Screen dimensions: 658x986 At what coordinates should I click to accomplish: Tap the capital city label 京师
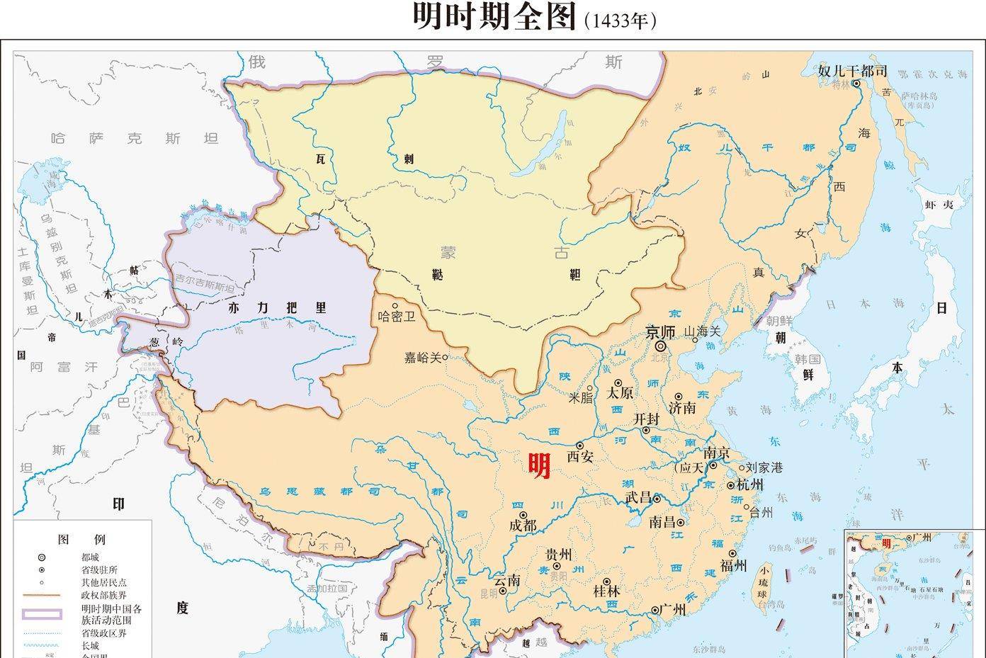pyautogui.click(x=662, y=331)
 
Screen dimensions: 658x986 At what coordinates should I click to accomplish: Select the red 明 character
pyautogui.click(x=539, y=465)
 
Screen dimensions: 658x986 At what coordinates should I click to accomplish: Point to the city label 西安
pyautogui.click(x=579, y=457)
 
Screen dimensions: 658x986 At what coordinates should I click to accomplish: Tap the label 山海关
pyautogui.click(x=701, y=331)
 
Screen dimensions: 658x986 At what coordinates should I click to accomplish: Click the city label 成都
pyautogui.click(x=523, y=526)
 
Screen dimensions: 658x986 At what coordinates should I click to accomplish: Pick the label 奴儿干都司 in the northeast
pyautogui.click(x=852, y=71)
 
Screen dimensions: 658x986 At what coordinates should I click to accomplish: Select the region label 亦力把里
pyautogui.click(x=278, y=307)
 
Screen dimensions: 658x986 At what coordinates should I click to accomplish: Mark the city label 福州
pyautogui.click(x=733, y=565)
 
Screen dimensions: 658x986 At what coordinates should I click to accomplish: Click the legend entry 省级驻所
pyautogui.click(x=99, y=569)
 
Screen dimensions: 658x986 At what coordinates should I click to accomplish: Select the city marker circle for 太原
pyautogui.click(x=618, y=382)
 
